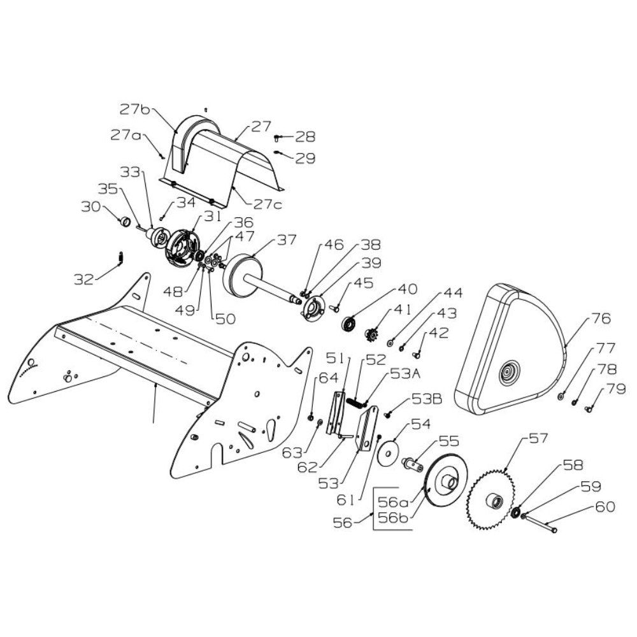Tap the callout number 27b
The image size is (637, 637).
pyautogui.click(x=135, y=110)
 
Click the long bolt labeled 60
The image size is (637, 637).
pyautogui.click(x=539, y=524)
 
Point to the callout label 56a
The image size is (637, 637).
pyautogui.click(x=393, y=502)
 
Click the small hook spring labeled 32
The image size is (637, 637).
pyautogui.click(x=120, y=258)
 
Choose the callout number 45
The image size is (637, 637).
pyautogui.click(x=363, y=283)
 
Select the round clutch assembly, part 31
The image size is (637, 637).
pyautogui.click(x=182, y=249)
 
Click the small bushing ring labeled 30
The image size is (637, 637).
pyautogui.click(x=124, y=222)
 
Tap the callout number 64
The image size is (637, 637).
pyautogui.click(x=329, y=378)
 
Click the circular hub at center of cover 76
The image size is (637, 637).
pyautogui.click(x=508, y=371)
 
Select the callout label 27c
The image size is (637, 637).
pyautogui.click(x=268, y=204)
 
